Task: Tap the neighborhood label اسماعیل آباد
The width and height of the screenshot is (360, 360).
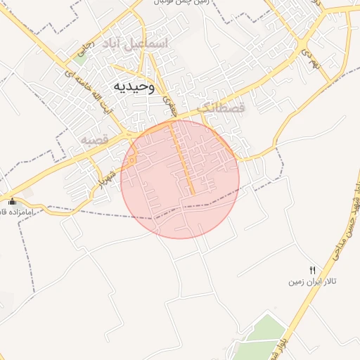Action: pos(146,44)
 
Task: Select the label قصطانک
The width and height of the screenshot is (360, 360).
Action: pos(221,108)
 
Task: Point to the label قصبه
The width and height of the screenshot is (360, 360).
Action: pos(94,140)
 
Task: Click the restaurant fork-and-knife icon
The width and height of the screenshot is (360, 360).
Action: pos(313,270)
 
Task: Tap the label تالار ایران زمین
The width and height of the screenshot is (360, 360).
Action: pos(311,281)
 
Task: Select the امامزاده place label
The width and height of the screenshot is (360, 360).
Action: pos(9,212)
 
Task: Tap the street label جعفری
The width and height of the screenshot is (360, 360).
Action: pos(167,105)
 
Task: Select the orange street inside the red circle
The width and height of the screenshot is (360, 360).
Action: pos(182,158)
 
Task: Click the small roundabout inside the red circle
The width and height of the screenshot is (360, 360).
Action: pos(131,162)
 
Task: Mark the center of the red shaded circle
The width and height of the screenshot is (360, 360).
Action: pos(180,179)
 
